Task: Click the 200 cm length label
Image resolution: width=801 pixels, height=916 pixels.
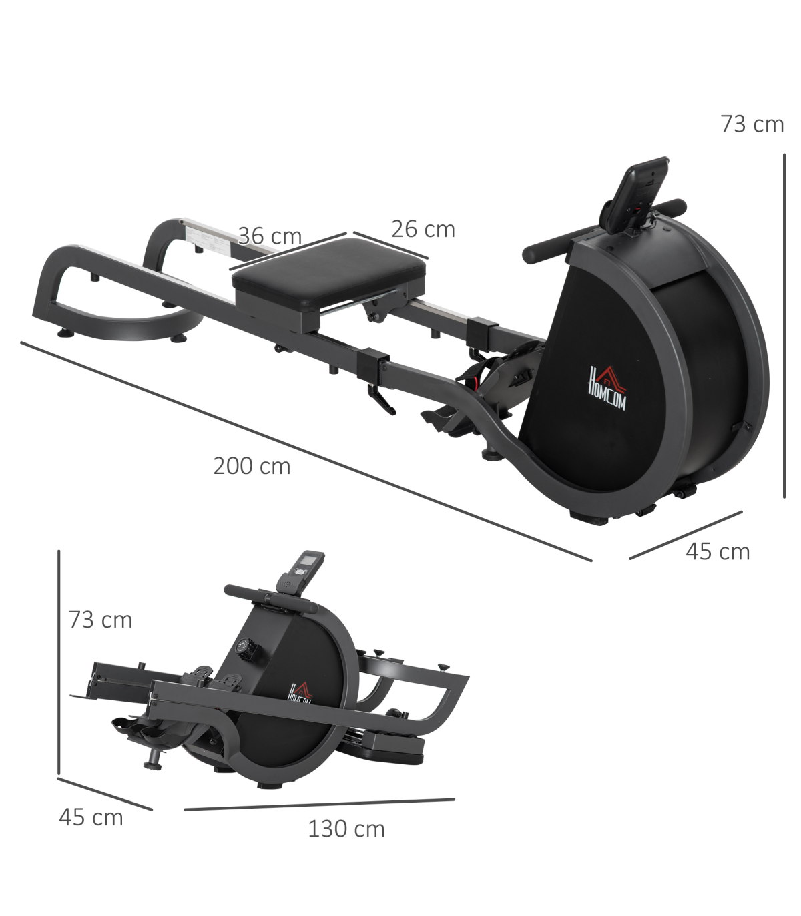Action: point(252,467)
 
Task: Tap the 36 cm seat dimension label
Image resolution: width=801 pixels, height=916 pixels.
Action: point(270,236)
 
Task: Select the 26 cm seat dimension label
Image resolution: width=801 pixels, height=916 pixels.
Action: point(423,229)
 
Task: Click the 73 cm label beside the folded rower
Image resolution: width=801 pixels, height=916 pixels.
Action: point(101,620)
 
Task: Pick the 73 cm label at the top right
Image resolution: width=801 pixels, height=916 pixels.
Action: point(752,124)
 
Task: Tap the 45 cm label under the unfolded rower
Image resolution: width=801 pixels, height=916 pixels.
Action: point(718,551)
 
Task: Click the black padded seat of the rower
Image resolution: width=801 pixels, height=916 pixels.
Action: point(329,273)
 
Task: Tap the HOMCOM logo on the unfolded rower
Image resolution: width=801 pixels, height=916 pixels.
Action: point(607,388)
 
